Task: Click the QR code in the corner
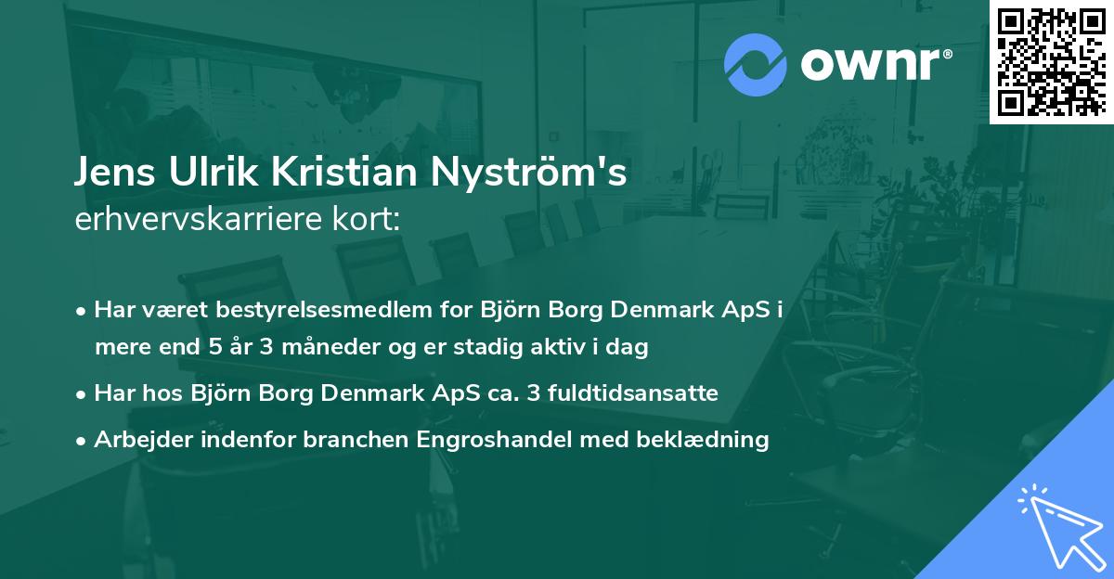1051,62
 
